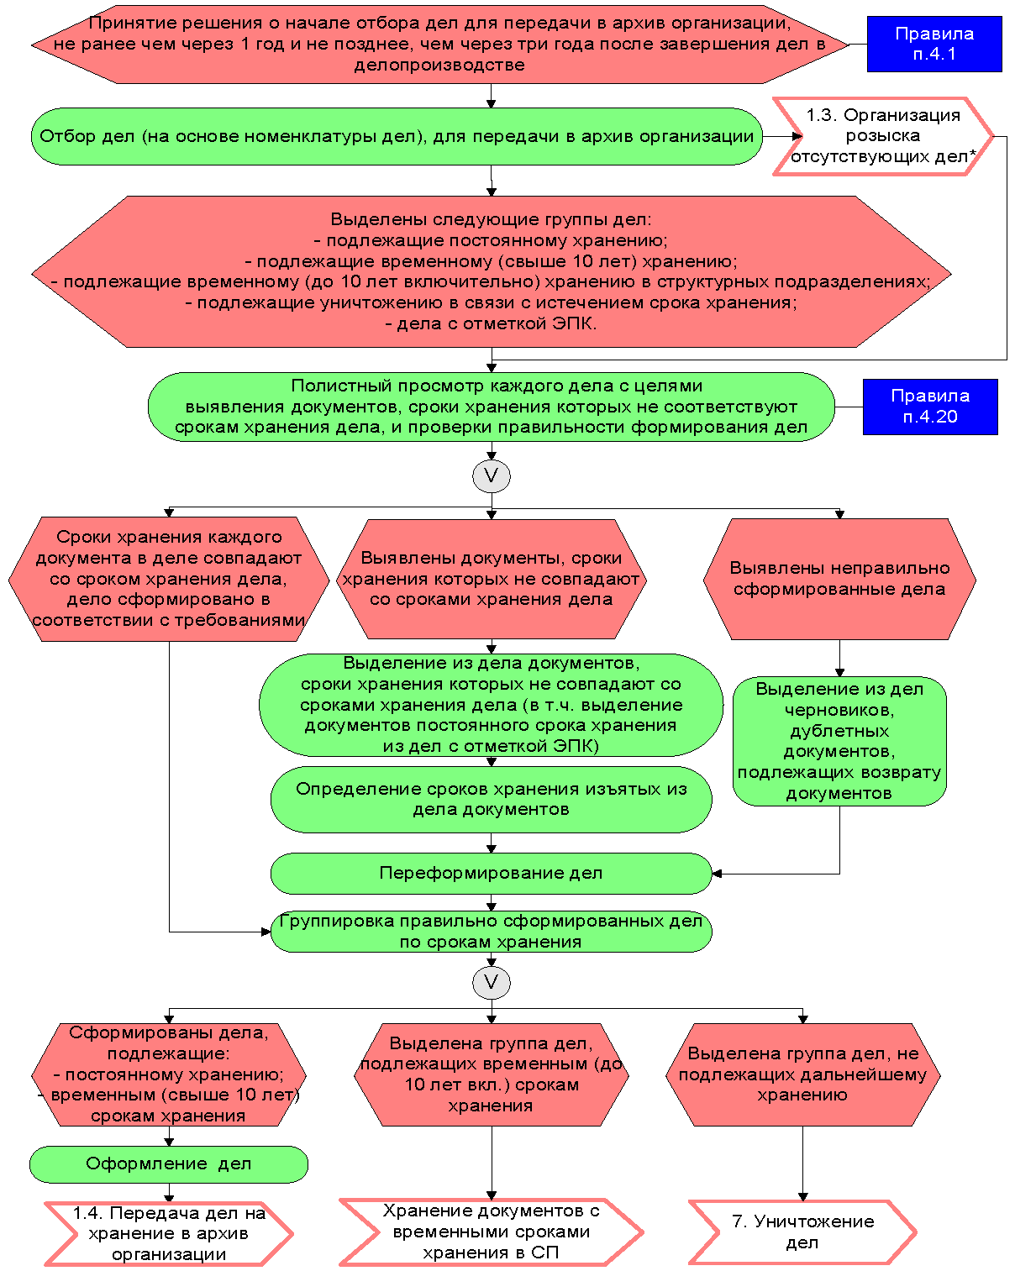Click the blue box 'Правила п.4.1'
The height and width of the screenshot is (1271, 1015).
coord(933,44)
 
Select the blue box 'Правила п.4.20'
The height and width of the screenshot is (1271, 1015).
coord(929,407)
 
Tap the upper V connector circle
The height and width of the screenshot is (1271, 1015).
coord(492,476)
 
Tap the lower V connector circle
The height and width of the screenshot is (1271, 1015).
coord(492,982)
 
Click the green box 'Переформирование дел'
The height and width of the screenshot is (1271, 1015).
coord(491,874)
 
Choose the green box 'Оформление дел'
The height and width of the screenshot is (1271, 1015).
coord(168,1164)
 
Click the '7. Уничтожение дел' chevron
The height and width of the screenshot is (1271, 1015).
coord(802,1232)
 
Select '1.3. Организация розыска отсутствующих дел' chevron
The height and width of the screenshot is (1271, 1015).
coord(882,136)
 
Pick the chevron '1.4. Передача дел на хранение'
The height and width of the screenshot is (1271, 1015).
coord(168,1233)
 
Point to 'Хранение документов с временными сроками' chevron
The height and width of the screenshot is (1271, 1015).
coord(491,1232)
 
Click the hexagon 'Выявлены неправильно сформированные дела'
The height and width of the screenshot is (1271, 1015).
coord(839,579)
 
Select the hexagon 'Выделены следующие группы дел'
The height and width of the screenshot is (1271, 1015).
coord(491,271)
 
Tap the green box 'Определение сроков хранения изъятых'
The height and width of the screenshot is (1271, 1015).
coord(491,799)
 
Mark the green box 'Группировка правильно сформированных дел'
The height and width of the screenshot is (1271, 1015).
coord(491,932)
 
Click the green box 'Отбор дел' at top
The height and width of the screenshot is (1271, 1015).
coord(397,136)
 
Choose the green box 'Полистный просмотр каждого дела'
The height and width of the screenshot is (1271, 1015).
coord(491,407)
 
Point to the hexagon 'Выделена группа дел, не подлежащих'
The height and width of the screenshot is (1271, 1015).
coord(802,1074)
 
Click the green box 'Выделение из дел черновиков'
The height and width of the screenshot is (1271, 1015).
coord(839,741)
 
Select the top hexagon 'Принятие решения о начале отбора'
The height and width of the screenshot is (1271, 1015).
coord(439,45)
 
